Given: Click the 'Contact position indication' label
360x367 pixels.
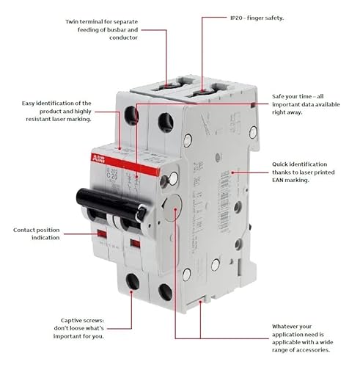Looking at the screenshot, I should click(x=37, y=234).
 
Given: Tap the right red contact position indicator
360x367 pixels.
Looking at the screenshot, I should click(x=134, y=239).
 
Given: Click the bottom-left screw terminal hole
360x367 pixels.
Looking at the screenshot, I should click(x=132, y=281).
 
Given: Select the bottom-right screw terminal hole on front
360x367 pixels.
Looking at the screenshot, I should click(x=165, y=292).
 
